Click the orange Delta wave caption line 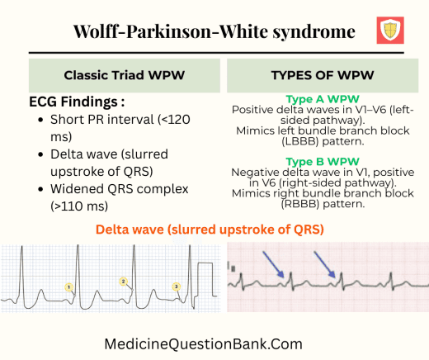[x=212, y=228]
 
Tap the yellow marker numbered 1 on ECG [x=70, y=287]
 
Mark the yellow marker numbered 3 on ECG [x=176, y=287]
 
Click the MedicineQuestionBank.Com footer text [x=204, y=343]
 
